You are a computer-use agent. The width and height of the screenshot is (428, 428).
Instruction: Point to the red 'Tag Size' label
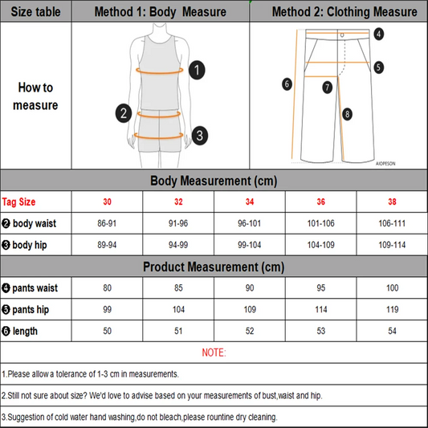click(18, 202)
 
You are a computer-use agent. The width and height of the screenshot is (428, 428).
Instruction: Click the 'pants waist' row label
click(31, 287)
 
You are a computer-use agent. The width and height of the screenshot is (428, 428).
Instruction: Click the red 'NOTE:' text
click(214, 353)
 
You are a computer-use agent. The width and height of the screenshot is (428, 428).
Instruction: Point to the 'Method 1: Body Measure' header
click(160, 12)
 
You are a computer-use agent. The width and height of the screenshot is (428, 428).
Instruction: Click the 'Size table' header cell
click(36, 12)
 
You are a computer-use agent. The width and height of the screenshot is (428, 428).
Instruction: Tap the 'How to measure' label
click(36, 96)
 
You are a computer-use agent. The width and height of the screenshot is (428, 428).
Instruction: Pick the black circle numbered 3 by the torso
click(199, 134)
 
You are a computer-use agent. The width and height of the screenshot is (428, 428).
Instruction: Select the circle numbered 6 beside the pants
click(287, 83)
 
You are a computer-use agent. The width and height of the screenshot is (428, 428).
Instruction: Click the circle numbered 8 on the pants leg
click(347, 114)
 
